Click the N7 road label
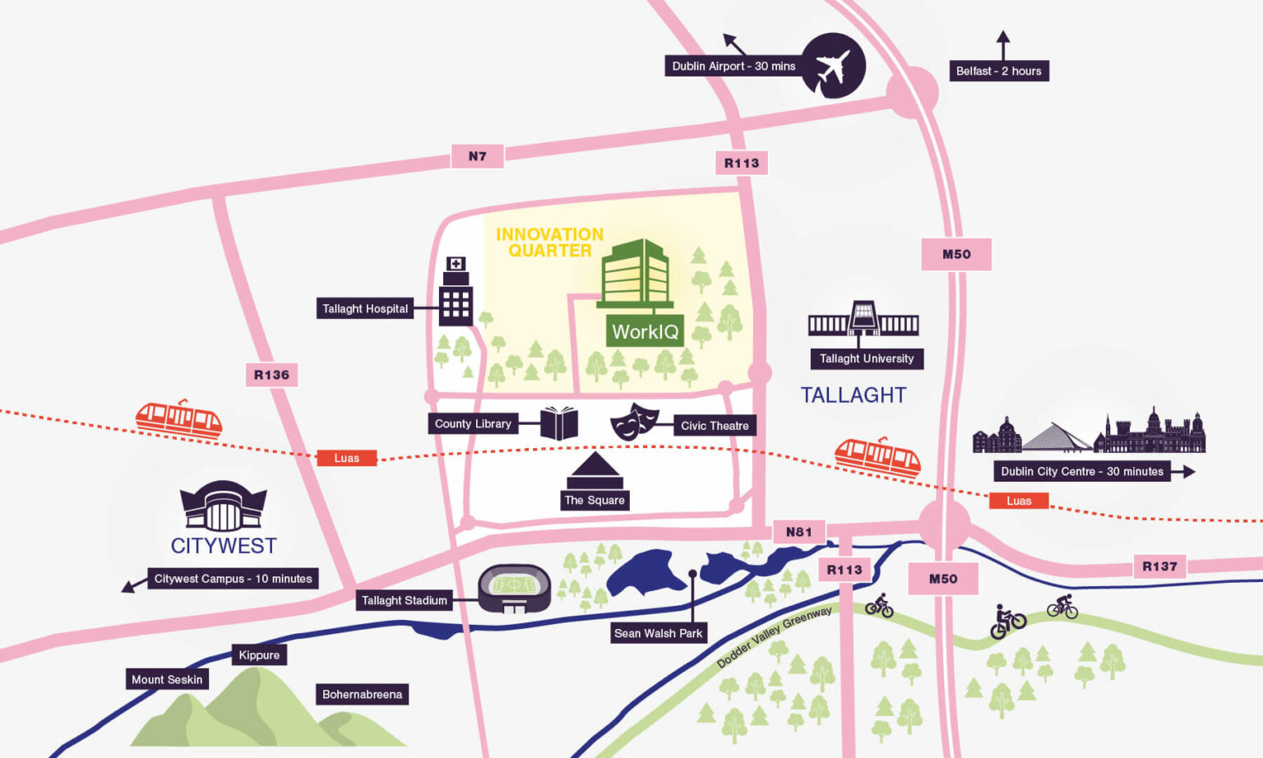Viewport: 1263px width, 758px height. (477, 156)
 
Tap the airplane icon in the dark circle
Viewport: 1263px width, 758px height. (833, 67)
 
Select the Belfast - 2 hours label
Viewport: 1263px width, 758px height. (998, 72)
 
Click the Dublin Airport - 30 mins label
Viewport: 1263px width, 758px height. (733, 67)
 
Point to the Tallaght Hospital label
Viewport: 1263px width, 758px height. (365, 308)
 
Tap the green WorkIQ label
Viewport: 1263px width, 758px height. (645, 331)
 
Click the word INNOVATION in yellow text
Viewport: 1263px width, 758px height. (549, 234)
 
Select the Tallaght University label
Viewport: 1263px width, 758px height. (866, 358)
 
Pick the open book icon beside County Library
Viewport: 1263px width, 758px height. (559, 423)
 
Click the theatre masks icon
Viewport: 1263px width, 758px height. (634, 421)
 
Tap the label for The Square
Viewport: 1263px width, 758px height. (594, 500)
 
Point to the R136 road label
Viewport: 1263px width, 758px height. (271, 375)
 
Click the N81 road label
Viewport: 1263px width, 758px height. (798, 532)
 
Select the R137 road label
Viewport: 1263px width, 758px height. (1159, 566)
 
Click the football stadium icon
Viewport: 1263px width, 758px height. (514, 588)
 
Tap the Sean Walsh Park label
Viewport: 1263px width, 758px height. (658, 633)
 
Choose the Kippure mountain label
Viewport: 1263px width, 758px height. (259, 655)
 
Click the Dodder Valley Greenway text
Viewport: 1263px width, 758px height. (774, 637)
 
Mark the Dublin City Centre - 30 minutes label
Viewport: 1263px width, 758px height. (1081, 471)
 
